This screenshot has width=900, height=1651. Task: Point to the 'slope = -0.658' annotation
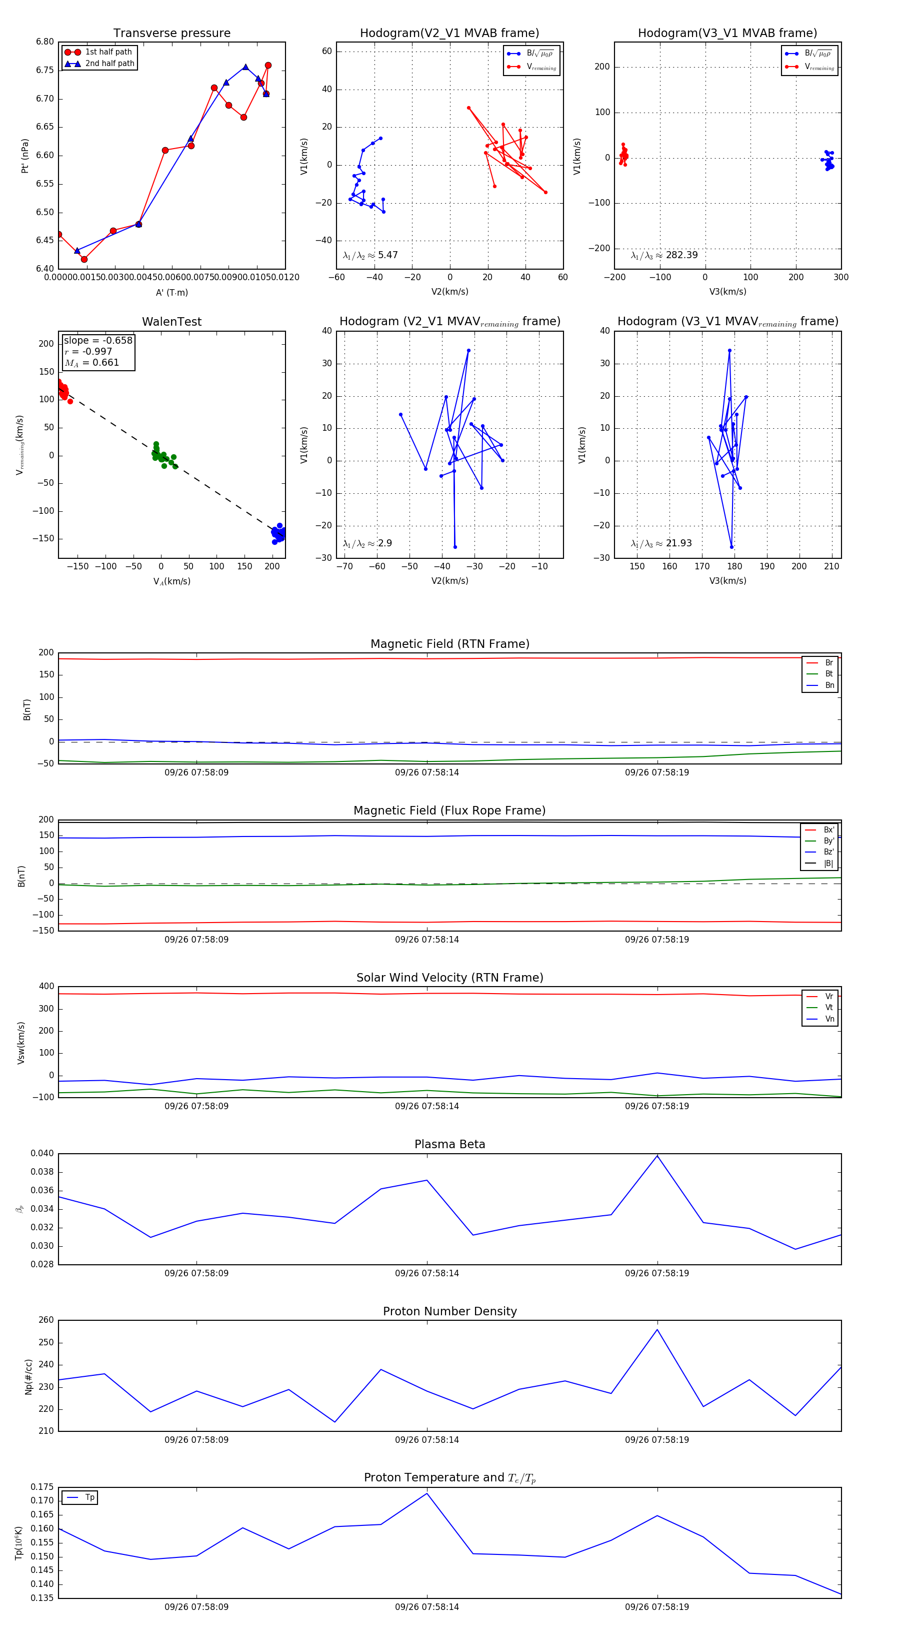98,340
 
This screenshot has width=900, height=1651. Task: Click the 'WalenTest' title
171,322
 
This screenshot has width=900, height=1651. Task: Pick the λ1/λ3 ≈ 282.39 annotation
663,255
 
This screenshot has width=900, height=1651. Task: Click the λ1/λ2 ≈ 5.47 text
370,255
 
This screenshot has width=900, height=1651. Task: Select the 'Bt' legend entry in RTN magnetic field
828,673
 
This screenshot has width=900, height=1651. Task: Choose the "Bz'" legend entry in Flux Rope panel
828,852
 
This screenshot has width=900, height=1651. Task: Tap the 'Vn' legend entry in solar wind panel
829,1019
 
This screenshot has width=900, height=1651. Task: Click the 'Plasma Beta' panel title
449,1145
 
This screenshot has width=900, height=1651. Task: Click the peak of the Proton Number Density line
657,1330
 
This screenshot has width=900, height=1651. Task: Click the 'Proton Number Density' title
449,1311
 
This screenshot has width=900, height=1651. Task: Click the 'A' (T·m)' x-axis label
171,292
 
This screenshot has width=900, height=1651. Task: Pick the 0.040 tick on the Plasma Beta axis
42,1154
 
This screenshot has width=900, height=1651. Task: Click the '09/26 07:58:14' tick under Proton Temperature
426,1607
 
